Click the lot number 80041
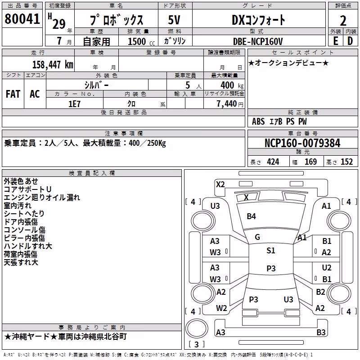(x=22, y=19)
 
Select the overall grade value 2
(x=343, y=21)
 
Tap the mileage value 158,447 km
(x=53, y=64)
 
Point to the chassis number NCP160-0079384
(x=302, y=143)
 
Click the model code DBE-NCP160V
(x=258, y=41)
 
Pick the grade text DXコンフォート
(x=258, y=20)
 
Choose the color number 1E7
(x=74, y=104)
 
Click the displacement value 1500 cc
(x=141, y=41)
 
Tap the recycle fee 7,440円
(x=230, y=104)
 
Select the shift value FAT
(x=13, y=94)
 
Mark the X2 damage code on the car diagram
(x=220, y=184)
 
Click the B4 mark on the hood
(x=251, y=216)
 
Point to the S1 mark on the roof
(x=271, y=251)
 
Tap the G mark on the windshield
(x=257, y=237)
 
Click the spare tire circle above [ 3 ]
(x=197, y=328)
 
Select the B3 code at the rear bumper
(x=321, y=332)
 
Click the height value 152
(x=346, y=162)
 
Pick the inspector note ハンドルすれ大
(x=28, y=246)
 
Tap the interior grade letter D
(x=350, y=41)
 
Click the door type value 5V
(x=174, y=20)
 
